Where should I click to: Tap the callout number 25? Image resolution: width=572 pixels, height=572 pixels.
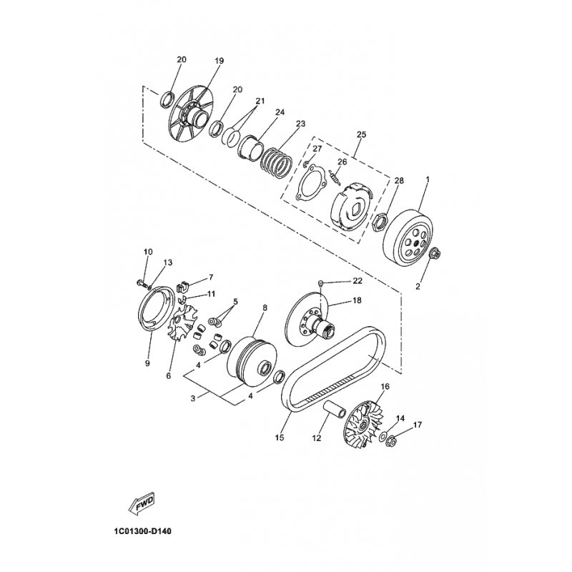[361, 134]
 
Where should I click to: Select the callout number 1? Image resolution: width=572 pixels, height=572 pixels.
[428, 178]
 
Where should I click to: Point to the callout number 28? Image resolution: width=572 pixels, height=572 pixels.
[399, 181]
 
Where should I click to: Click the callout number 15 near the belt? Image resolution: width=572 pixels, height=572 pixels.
[280, 437]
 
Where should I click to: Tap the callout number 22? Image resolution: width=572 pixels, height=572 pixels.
[357, 280]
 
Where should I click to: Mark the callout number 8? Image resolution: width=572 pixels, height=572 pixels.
[245, 307]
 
